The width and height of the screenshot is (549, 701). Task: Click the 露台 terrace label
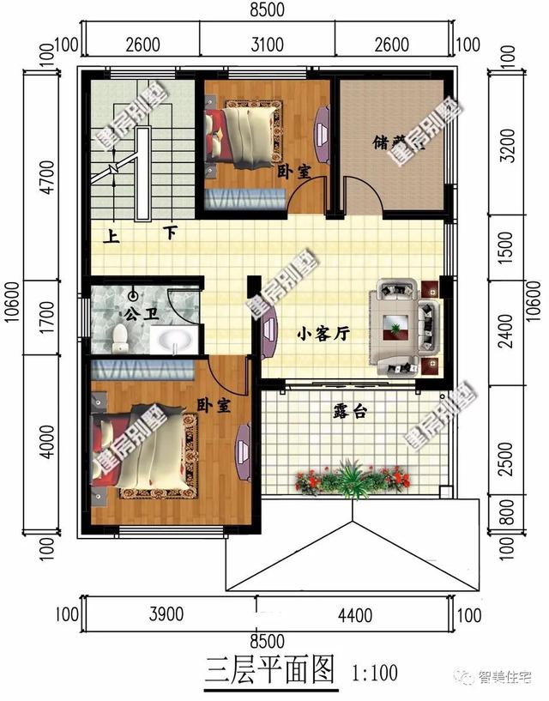(x=349, y=412)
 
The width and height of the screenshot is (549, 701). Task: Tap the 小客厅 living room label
(x=323, y=335)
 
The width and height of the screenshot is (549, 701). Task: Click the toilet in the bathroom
(x=121, y=338)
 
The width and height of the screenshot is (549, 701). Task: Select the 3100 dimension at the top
(x=267, y=43)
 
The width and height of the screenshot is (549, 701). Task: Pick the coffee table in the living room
(x=395, y=324)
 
